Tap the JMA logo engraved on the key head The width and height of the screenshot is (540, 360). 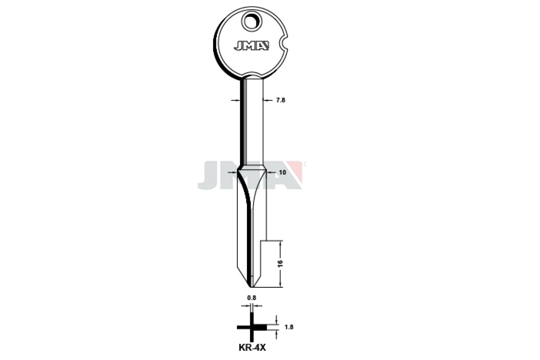251,46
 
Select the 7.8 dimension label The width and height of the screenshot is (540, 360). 280,100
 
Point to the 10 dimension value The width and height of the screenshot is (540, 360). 283,172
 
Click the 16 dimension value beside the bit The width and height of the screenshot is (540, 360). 280,263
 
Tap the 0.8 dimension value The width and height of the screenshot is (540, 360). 251,298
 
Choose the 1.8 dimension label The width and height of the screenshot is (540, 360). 288,327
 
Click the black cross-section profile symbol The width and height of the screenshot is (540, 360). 252,327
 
